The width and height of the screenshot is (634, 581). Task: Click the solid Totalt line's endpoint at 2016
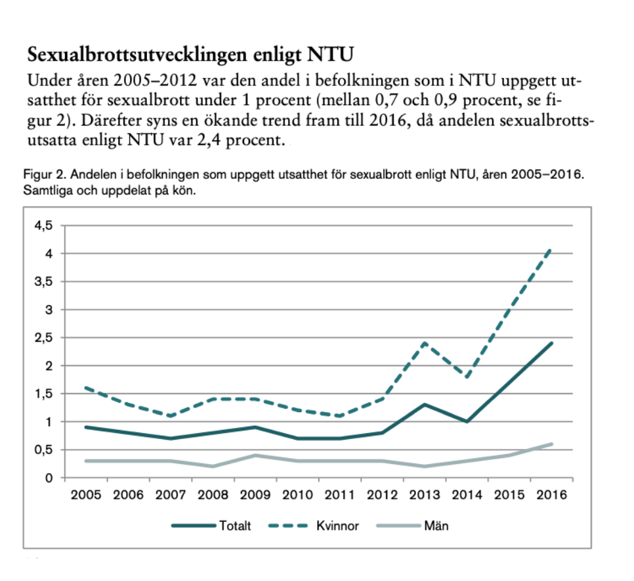551,343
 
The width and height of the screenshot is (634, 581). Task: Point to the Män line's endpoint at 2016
551,444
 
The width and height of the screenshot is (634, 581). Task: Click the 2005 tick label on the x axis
86,494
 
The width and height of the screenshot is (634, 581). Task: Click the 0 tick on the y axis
48,478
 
